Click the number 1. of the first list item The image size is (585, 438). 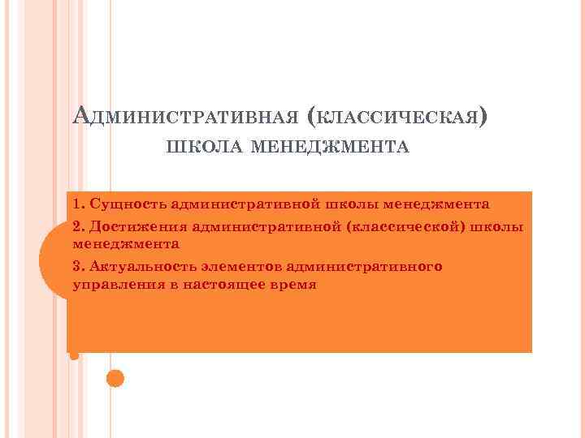[79, 202]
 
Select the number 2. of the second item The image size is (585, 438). [79, 224]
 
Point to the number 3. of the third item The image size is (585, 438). [79, 266]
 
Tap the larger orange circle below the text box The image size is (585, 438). [115, 377]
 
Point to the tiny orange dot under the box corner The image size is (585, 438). [75, 355]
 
